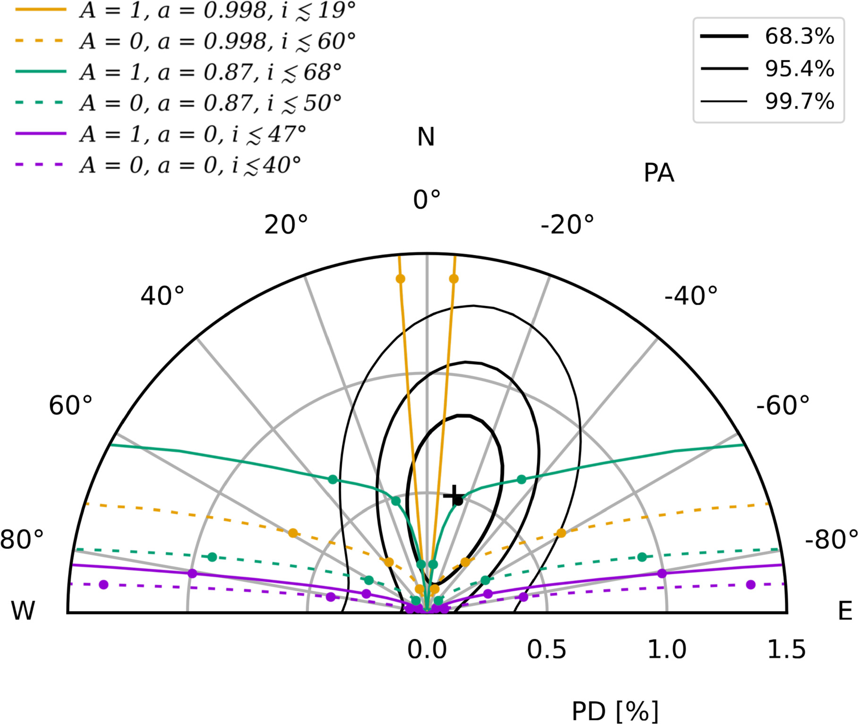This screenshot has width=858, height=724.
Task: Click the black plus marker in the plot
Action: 454,496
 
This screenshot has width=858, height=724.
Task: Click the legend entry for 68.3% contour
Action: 799,36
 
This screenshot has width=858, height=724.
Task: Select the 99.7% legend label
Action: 799,101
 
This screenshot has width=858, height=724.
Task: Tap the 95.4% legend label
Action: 799,69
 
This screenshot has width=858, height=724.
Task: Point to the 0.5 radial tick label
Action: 546,650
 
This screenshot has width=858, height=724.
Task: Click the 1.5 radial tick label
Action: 786,650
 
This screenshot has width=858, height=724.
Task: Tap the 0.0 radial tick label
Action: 427,650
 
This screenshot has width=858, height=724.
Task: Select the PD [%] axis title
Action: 615,711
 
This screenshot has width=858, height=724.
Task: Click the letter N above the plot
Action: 426,137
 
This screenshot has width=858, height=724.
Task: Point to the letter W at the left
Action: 23,611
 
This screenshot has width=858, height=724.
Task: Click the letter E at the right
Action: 845,611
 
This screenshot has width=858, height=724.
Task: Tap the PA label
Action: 659,173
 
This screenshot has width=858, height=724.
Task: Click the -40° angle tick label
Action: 691,296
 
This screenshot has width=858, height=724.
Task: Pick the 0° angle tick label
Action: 426,200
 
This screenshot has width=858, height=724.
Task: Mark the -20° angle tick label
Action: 567,225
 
